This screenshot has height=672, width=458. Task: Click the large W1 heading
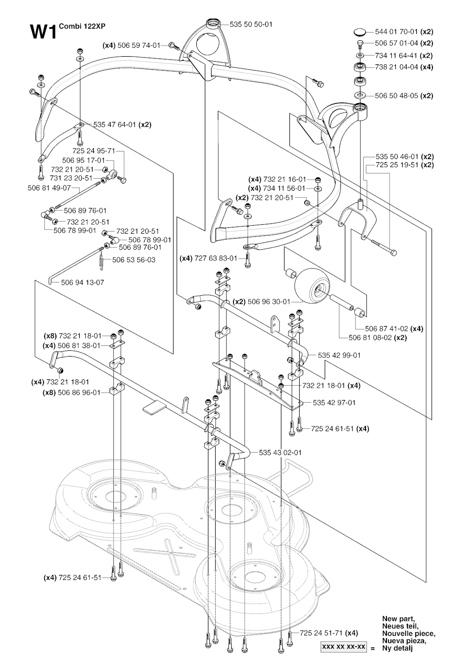tap(43, 33)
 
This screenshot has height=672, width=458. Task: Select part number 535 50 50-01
tap(250, 25)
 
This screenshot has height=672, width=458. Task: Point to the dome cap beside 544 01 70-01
tap(359, 31)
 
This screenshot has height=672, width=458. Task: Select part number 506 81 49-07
tap(49, 188)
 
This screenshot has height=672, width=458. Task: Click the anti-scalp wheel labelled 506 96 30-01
tap(312, 285)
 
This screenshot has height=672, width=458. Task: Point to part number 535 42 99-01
tap(339, 355)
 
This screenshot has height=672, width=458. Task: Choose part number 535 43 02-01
tap(280, 452)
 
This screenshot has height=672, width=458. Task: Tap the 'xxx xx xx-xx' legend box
tap(343, 647)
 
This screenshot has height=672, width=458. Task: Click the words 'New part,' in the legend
tap(399, 619)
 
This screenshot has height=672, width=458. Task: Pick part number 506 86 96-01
tap(79, 392)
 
